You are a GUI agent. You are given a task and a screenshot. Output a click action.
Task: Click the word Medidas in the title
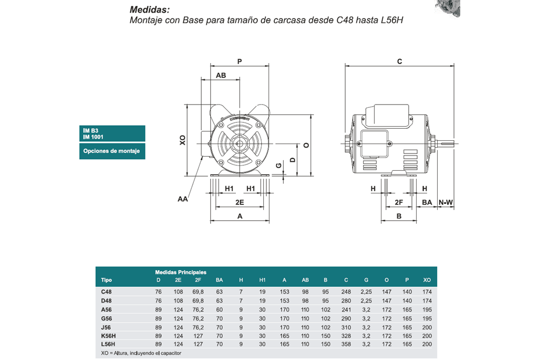coord(149,9)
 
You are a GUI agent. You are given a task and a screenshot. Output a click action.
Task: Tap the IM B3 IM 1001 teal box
coord(112,133)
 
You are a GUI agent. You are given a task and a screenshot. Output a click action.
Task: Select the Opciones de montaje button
coord(112,151)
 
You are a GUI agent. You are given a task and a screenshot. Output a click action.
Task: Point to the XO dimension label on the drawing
coord(182,140)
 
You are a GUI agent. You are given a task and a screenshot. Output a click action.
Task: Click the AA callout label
coord(182,199)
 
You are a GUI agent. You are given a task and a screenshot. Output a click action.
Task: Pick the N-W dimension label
coord(446,202)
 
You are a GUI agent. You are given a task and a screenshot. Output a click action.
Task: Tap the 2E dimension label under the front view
coord(240,202)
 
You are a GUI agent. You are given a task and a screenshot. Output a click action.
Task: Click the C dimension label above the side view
coord(399,61)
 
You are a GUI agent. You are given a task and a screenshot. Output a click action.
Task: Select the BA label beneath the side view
coord(427,202)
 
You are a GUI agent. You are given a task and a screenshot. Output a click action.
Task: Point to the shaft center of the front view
coord(239,144)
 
